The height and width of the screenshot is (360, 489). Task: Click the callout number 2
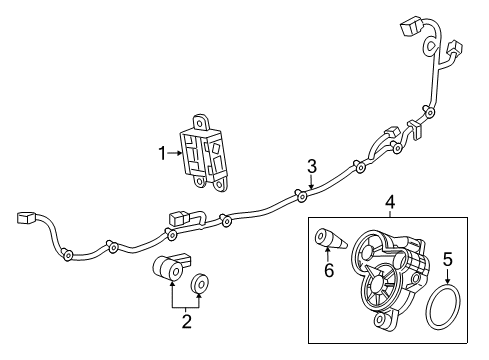pos(186,321)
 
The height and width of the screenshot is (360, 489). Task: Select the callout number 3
pos(312,165)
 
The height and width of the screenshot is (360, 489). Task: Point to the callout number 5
pos(448,260)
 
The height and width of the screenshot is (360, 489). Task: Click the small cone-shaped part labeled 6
pos(330,242)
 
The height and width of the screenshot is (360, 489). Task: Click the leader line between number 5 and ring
pos(448,279)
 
